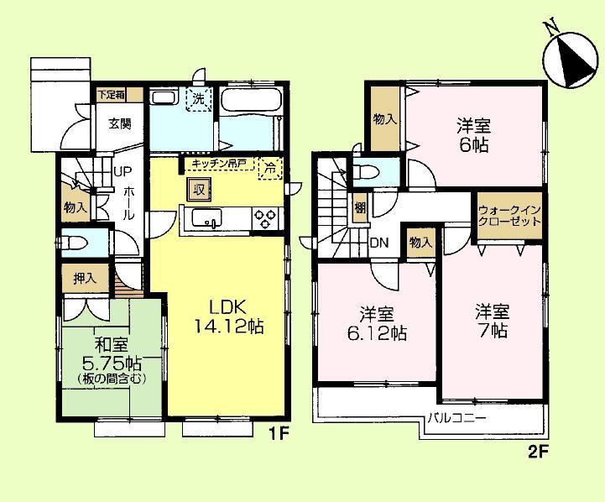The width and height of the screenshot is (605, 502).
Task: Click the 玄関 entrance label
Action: point(119,124)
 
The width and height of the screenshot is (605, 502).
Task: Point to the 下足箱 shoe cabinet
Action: point(110,95)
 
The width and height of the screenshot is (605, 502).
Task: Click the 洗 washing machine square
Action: point(199,98)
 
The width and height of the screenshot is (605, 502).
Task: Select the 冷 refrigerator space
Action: point(269,166)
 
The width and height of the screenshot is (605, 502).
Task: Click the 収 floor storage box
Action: point(198,189)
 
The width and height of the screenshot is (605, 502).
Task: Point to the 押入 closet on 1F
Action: point(85,277)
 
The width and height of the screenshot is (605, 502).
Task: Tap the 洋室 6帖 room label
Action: point(474,134)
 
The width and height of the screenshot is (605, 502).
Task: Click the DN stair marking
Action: point(379,243)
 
